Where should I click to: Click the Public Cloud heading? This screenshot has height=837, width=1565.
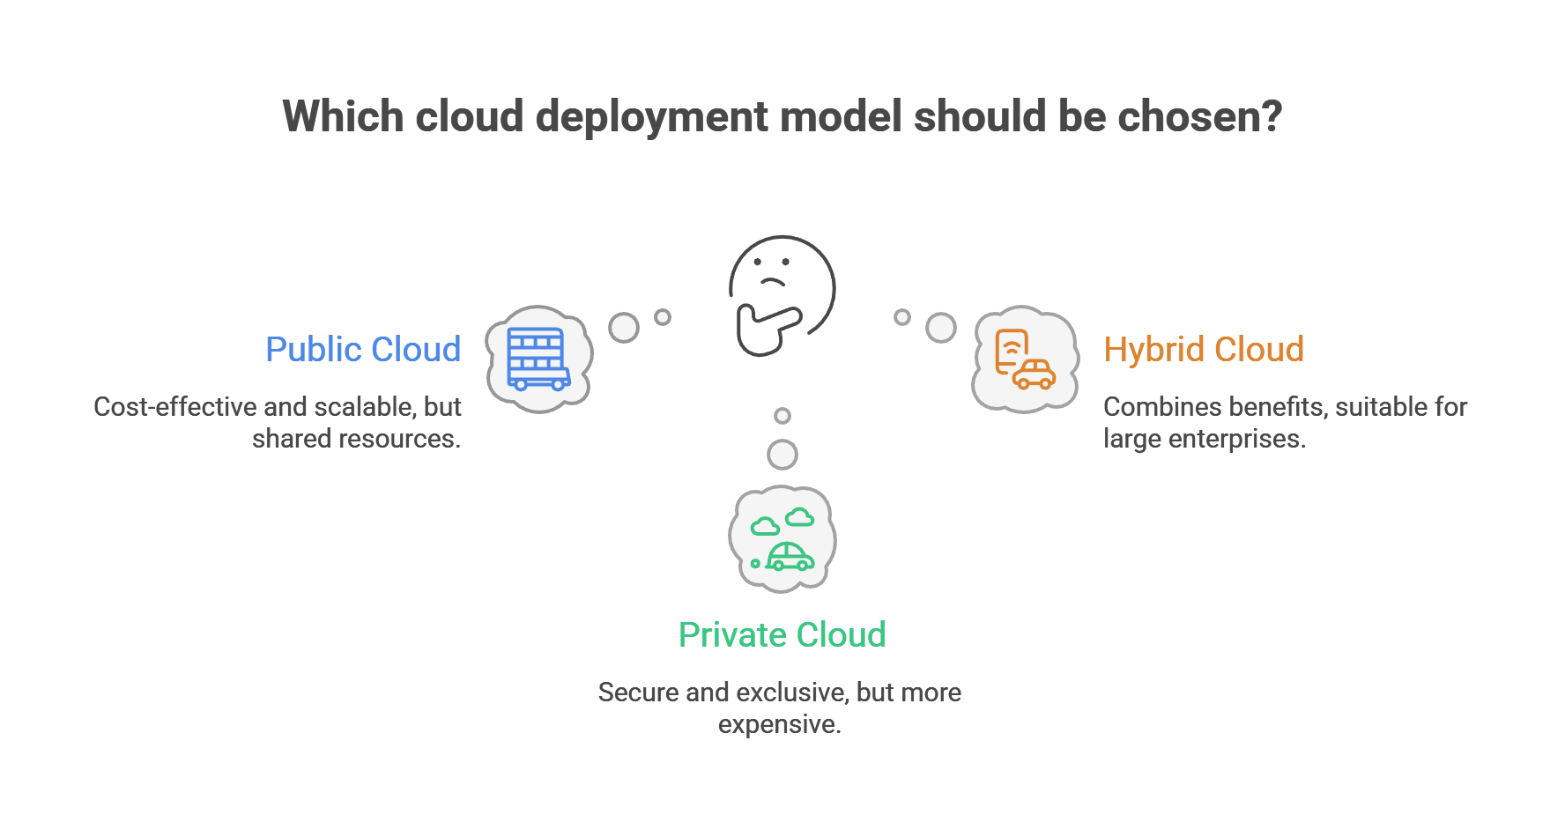(x=363, y=350)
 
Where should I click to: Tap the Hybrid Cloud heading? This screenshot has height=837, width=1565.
(x=1204, y=350)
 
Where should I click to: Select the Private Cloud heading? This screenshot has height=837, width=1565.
(x=782, y=635)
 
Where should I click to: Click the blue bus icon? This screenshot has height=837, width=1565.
(x=538, y=359)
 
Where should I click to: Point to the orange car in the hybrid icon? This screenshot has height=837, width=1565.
(x=1034, y=374)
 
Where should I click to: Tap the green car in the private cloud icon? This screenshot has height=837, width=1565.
(x=790, y=557)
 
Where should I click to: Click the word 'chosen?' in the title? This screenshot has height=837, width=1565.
(x=1199, y=116)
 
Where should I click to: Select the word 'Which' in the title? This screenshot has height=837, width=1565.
(x=343, y=116)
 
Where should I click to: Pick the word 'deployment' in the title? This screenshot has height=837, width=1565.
(x=652, y=118)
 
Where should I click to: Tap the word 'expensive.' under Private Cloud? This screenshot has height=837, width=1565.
(x=779, y=724)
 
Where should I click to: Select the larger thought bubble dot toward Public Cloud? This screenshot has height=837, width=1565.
(x=624, y=328)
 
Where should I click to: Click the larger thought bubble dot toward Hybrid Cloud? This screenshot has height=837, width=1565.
(x=940, y=328)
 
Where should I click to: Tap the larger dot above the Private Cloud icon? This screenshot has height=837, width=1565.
(x=782, y=455)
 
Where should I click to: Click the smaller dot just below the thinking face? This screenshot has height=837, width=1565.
(x=782, y=416)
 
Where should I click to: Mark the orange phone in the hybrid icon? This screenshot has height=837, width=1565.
(x=1011, y=350)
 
